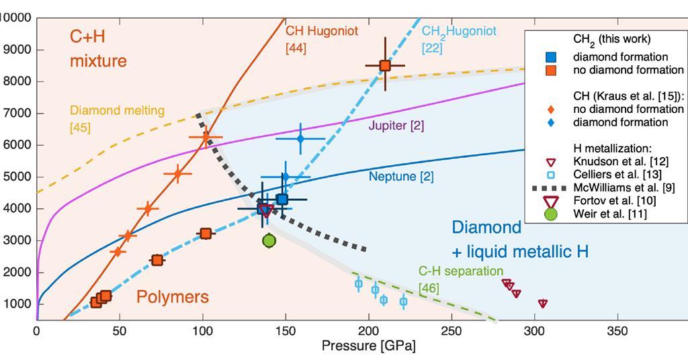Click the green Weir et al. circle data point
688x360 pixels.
click(269, 240)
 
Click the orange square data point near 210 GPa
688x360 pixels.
click(385, 65)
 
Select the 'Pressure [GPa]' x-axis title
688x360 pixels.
click(368, 347)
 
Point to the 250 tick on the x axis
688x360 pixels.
click(451, 331)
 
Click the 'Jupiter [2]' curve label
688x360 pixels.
click(396, 126)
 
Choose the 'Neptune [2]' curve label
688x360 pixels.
click(401, 177)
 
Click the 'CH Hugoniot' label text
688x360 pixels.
click(322, 31)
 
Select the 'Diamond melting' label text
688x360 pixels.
click(117, 111)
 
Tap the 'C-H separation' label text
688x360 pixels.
click(460, 271)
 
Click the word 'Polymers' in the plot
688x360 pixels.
click(173, 297)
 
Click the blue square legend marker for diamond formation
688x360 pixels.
click(550, 57)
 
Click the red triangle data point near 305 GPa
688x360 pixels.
click(542, 304)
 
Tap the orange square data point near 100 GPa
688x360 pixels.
click(206, 233)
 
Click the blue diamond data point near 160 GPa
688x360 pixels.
click(300, 138)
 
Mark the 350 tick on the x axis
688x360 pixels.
click(617, 331)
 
